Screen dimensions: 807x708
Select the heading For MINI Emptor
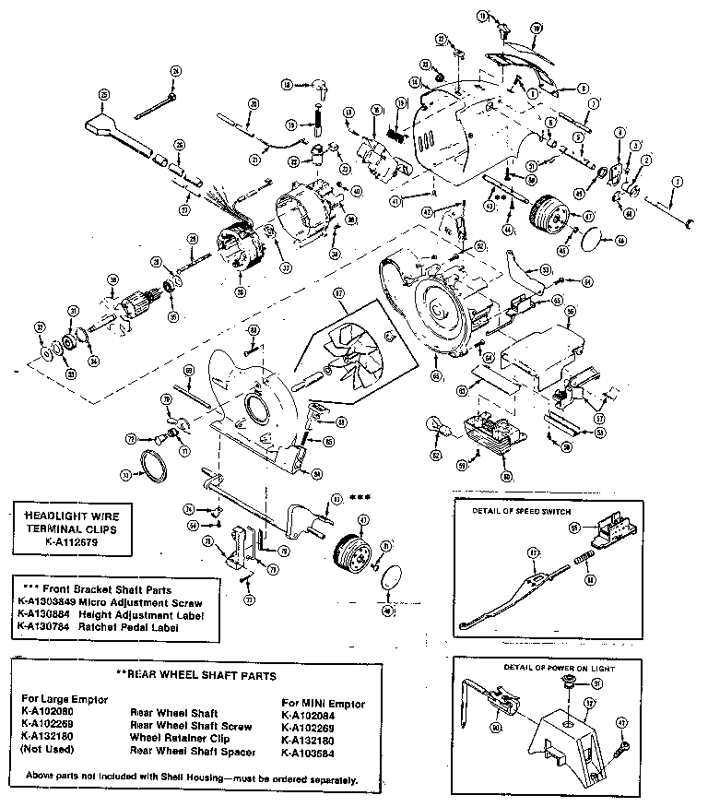coord(323,703)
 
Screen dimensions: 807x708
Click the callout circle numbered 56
coord(571,313)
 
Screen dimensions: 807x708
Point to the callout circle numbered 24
coord(175,70)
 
